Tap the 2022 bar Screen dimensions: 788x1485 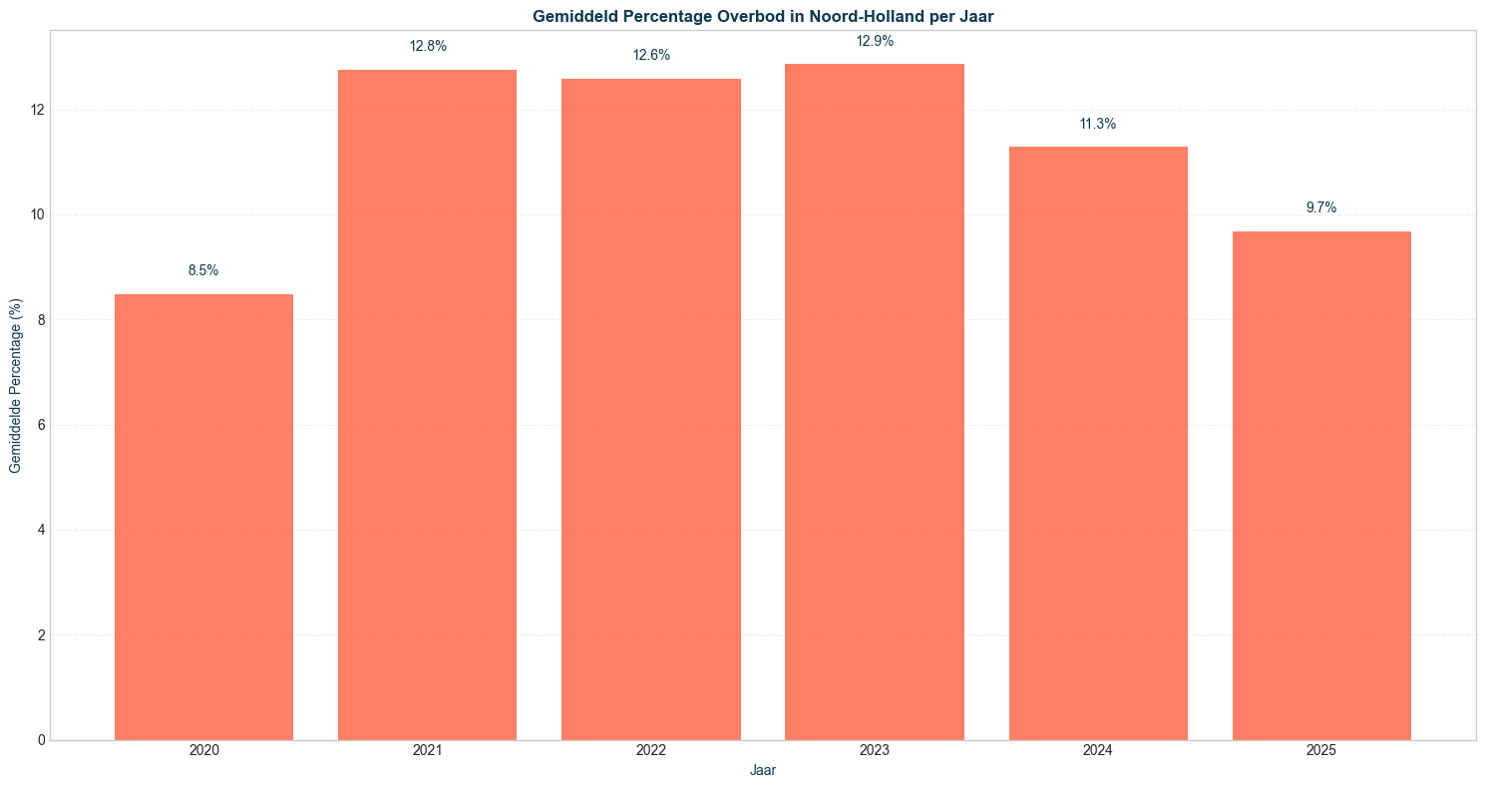click(651, 409)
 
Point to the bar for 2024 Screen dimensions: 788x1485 click(1098, 443)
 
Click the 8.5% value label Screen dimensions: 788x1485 click(203, 270)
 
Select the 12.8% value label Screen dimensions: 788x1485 click(427, 46)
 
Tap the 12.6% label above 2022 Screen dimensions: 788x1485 click(651, 55)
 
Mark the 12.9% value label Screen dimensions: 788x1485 click(875, 41)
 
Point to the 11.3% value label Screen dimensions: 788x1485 click(1098, 124)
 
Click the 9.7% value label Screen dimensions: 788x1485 click(1321, 207)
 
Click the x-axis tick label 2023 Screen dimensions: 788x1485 click(875, 750)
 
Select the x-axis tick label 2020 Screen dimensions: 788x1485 click(203, 750)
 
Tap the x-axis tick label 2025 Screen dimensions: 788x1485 click(1321, 750)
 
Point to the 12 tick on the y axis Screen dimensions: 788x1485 click(37, 110)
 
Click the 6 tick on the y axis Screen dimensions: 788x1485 click(40, 425)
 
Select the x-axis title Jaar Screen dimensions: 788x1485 click(763, 771)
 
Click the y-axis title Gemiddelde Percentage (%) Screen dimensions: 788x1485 click(15, 385)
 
